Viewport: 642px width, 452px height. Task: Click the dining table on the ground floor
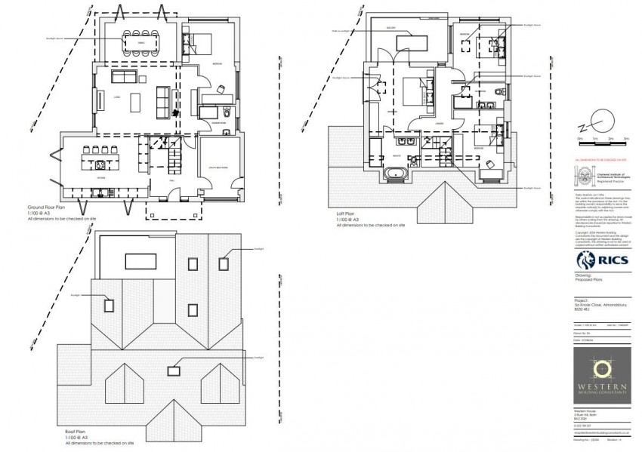[141, 43]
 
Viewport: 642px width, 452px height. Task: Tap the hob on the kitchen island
[100, 164]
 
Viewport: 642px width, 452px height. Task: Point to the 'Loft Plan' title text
[349, 214]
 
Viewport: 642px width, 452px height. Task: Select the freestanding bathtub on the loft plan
[397, 175]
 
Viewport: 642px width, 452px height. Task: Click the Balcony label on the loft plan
[392, 29]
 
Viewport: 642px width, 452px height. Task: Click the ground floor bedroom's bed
[200, 43]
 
